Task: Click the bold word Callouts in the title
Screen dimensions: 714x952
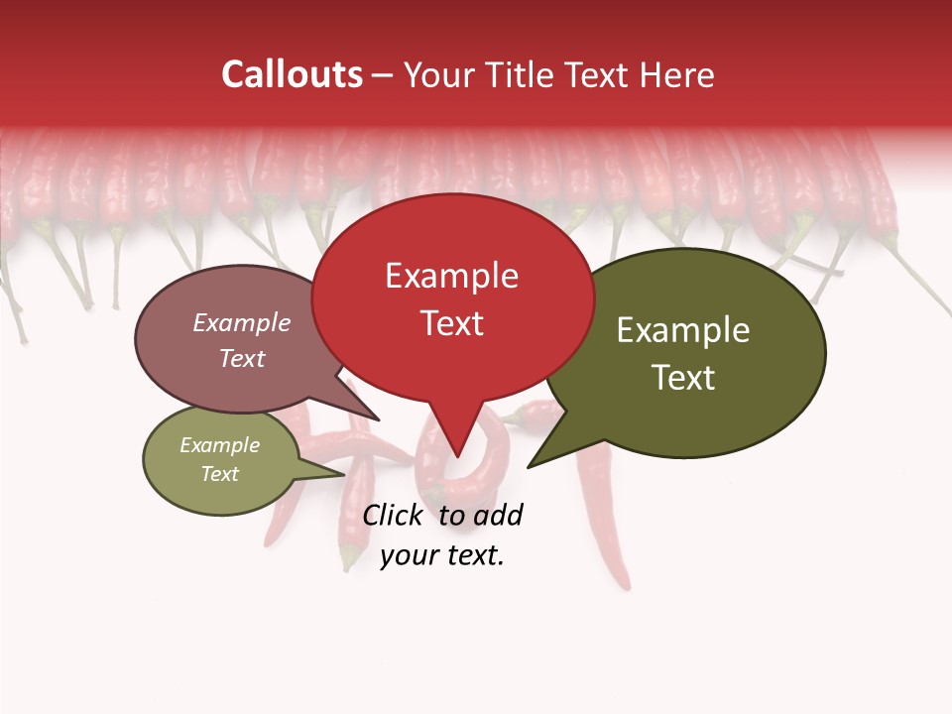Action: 292,74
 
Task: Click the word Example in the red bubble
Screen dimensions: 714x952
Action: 451,276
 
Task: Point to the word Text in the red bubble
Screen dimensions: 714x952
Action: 451,322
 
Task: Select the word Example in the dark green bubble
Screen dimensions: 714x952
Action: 683,330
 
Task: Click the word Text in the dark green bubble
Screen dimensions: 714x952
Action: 683,377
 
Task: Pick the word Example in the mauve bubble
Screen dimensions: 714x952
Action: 241,322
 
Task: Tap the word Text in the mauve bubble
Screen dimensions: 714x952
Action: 241,358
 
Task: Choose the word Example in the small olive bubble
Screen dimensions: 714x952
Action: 219,445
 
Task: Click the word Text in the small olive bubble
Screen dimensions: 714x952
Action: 219,474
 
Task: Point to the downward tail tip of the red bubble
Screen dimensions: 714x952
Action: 457,456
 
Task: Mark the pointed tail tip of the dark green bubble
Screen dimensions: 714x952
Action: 528,466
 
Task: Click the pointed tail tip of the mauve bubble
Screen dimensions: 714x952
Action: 379,419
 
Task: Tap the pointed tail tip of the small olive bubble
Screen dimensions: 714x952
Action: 344,474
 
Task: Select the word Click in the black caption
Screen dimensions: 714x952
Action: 392,515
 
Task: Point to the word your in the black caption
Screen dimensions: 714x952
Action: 408,555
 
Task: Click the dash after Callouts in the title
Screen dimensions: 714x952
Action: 383,75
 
